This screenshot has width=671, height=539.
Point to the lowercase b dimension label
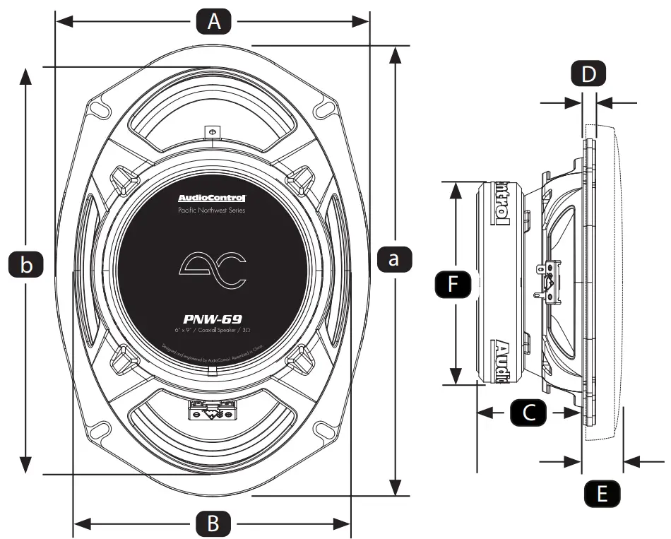pyautogui.click(x=26, y=266)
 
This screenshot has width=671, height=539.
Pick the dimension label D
pyautogui.click(x=588, y=73)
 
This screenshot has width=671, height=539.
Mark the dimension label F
pyautogui.click(x=453, y=284)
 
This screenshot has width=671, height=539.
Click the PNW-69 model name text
pyautogui.click(x=212, y=319)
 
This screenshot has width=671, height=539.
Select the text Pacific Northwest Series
pyautogui.click(x=212, y=211)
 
